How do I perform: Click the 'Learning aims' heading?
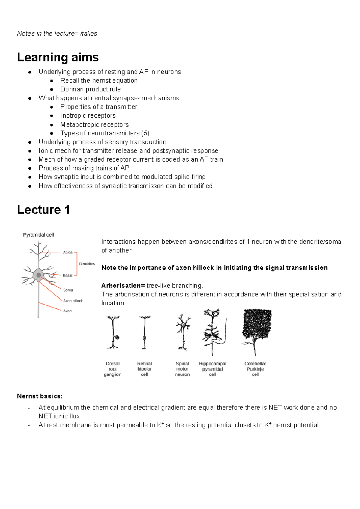pos(58,57)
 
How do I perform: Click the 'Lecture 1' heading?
pos(43,210)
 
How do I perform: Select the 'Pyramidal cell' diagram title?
pos(38,235)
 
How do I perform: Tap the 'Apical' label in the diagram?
pos(68,252)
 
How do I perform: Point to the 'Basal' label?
pos(67,275)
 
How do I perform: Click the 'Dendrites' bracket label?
pos(87,264)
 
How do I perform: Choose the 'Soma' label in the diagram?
pos(68,290)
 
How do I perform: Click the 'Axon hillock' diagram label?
pos(73,301)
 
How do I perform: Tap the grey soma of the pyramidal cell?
pos(38,275)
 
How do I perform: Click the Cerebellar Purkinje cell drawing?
pos(256,330)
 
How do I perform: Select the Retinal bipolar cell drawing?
pos(144,333)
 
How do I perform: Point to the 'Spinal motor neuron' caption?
pos(182,369)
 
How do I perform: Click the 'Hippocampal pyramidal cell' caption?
pos(213,369)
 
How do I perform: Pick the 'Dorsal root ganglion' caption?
pos(113,369)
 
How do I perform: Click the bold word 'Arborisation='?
pos(123,285)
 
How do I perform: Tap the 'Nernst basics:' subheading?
pos(40,396)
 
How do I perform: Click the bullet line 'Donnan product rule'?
pos(90,89)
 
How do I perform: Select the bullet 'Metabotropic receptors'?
pos(94,124)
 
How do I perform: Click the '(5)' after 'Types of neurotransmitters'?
pos(145,133)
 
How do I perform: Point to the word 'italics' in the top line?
pos(88,34)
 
